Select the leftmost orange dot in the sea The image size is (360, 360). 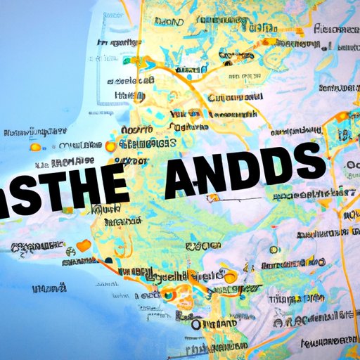click(x=31, y=149)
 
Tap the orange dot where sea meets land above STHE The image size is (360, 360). click(x=110, y=147)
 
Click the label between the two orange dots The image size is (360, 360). click(x=70, y=148)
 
